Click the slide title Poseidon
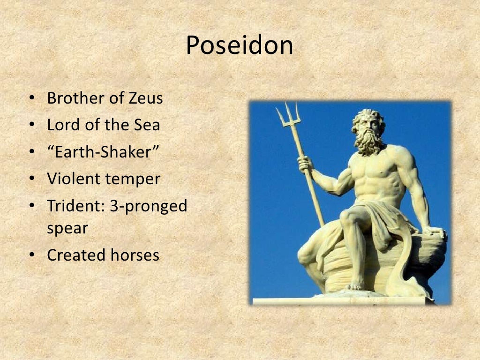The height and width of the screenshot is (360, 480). [240, 46]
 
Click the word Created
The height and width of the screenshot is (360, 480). [76, 255]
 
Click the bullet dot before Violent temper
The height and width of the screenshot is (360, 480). [31, 179]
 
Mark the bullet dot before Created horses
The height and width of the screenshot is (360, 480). [31, 255]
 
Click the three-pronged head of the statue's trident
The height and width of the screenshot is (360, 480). [287, 115]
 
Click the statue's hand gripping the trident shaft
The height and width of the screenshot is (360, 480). [305, 164]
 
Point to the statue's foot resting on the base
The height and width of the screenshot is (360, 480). [355, 285]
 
